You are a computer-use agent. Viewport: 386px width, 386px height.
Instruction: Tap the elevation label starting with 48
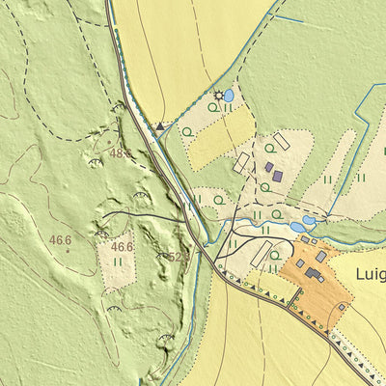(121, 153)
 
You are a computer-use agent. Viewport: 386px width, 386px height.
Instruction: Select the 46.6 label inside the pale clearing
(122, 247)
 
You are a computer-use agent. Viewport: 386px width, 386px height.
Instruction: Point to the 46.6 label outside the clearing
(61, 240)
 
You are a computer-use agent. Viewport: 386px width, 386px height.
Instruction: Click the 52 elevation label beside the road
(176, 258)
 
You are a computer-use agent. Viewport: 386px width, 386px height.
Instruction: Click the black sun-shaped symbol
(219, 96)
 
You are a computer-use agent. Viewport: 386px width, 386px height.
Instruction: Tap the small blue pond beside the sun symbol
(229, 96)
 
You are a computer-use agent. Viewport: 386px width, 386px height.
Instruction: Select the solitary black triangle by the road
(159, 125)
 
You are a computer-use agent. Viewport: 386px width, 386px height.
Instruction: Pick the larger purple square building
(277, 177)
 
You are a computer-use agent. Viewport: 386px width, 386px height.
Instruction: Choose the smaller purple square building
(268, 166)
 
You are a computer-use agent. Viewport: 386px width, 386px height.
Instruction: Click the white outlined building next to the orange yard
(261, 254)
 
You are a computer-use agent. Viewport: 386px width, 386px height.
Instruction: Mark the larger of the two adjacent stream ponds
(297, 228)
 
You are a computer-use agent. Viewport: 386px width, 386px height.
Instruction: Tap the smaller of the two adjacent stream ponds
(309, 220)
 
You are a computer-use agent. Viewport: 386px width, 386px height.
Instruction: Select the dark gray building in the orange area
(313, 273)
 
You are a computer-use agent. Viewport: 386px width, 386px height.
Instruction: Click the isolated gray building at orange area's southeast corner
(342, 307)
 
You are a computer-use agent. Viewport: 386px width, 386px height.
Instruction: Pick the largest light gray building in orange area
(320, 257)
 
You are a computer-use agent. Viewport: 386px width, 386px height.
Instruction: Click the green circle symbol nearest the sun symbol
(212, 107)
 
